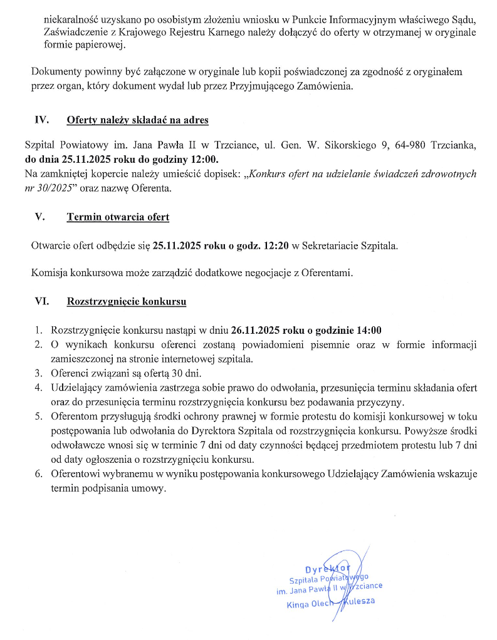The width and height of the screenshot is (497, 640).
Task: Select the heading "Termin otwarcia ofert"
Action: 118,217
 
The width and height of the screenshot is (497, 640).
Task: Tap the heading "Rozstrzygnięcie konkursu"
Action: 127,301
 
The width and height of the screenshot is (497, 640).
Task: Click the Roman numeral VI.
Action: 42,301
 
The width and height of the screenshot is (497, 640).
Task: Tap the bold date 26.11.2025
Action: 256,331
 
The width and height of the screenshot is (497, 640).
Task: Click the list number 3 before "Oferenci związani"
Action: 38,374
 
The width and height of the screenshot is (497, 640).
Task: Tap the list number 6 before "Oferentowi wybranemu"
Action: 38,474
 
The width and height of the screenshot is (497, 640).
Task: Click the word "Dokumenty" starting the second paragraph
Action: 55,72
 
